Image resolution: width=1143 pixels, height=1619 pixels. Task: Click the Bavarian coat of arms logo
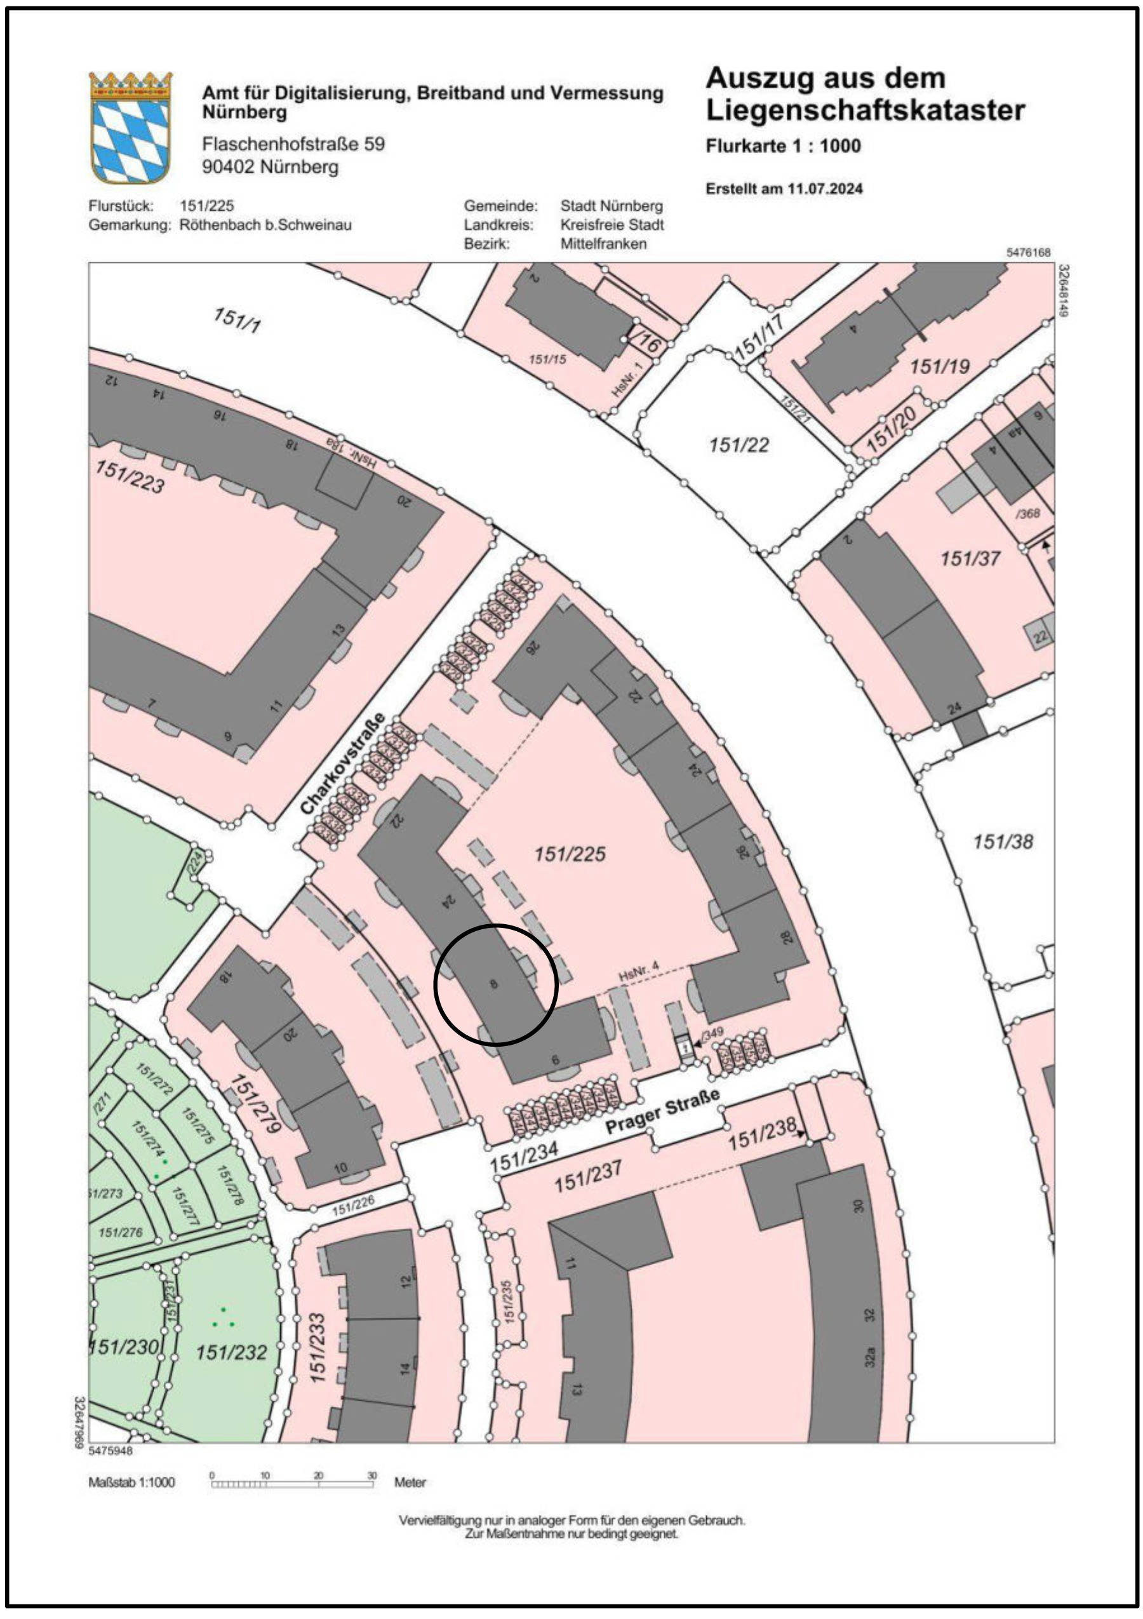130,127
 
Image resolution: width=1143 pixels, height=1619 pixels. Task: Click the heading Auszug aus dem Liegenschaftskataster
864,94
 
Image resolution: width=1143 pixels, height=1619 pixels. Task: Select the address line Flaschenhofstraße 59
293,144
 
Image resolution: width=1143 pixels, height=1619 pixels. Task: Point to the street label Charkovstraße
344,763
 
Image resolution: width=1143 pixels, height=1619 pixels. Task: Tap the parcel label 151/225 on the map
570,854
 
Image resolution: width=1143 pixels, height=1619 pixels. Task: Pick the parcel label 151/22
739,445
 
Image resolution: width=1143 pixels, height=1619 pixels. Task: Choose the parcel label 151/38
1003,841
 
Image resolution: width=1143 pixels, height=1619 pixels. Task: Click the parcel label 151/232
231,1352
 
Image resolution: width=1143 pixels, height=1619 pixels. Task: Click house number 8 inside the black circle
493,984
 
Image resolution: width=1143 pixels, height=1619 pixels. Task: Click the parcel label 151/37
970,559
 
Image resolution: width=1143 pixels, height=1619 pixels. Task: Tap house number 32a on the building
871,1357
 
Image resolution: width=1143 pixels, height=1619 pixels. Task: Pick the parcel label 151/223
130,476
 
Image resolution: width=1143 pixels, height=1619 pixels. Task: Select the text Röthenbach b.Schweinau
265,225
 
